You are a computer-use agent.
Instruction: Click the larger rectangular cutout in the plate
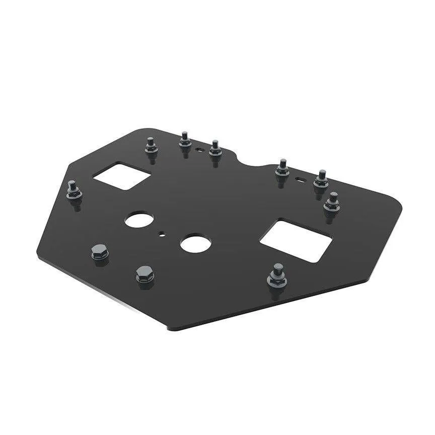click(296, 240)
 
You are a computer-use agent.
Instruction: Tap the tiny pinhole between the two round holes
click(162, 233)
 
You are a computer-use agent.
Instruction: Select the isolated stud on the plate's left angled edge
click(74, 189)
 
